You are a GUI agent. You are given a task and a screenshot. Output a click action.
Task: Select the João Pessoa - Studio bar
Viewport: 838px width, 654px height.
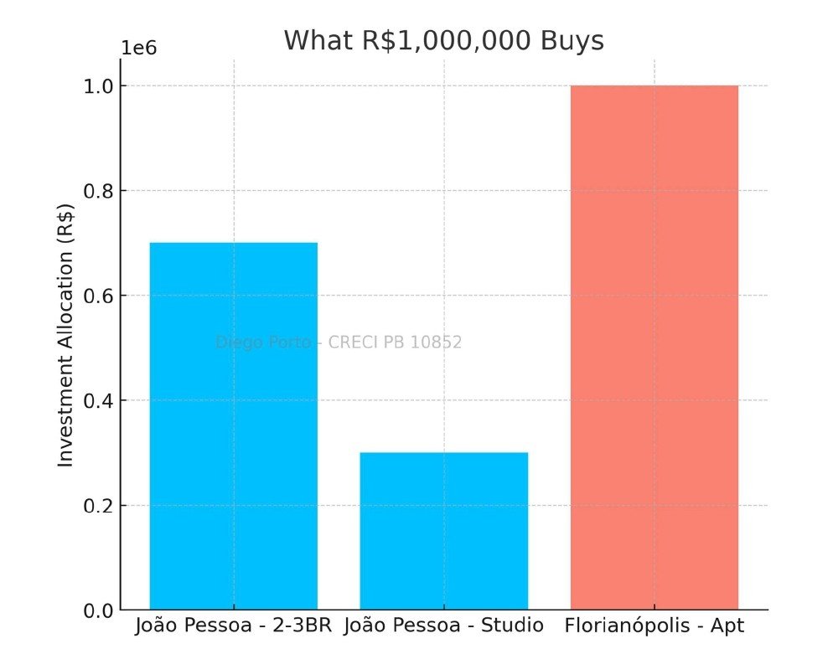(443, 531)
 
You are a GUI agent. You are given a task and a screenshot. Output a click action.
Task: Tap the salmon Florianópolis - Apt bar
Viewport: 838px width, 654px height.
(654, 348)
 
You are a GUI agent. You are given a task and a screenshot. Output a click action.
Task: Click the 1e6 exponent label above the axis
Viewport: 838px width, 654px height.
(139, 47)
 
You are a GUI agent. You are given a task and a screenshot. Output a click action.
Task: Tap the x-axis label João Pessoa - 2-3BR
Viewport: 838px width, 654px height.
(234, 626)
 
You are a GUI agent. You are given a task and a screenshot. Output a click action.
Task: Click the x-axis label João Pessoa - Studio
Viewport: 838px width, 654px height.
(443, 626)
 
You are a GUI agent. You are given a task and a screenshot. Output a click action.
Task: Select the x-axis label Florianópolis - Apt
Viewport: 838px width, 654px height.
(654, 626)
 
